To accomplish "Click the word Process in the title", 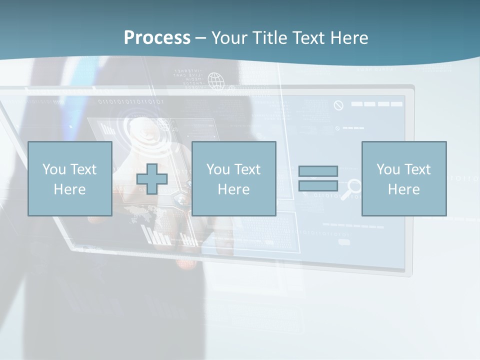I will pyautogui.click(x=157, y=38).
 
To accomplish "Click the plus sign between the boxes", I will pyautogui.click(x=152, y=179).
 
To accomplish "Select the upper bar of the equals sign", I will pyautogui.click(x=318, y=171).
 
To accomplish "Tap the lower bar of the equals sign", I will pyautogui.click(x=318, y=185).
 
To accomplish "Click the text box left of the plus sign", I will pyautogui.click(x=69, y=178).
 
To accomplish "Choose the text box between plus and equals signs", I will pyautogui.click(x=233, y=178).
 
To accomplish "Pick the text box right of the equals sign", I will pyautogui.click(x=403, y=178).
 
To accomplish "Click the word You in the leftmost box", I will pyautogui.click(x=53, y=169).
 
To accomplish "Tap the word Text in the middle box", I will pyautogui.click(x=246, y=169).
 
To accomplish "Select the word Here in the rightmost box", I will pyautogui.click(x=403, y=189).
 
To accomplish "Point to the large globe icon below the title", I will pyautogui.click(x=216, y=80).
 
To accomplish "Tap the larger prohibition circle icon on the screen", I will pyautogui.click(x=338, y=105).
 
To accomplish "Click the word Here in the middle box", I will pyautogui.click(x=233, y=189).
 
